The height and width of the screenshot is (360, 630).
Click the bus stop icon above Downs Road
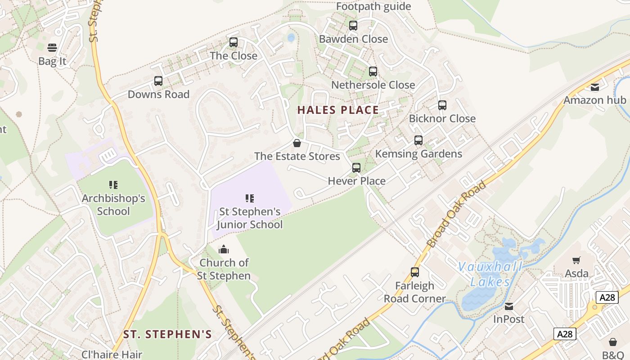point(158,81)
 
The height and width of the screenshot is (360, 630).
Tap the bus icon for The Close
point(234,42)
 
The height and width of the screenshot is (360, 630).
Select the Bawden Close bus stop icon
point(353,26)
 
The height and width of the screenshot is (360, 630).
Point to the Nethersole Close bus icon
point(373,72)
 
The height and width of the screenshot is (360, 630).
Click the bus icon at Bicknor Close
point(442,105)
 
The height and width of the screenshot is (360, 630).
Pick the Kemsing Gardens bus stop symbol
point(418,140)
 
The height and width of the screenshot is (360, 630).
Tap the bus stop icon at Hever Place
point(356,168)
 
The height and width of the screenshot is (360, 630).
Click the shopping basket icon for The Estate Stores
point(297,143)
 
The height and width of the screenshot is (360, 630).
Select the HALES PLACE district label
point(338,110)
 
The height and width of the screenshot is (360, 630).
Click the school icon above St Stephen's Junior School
point(250,198)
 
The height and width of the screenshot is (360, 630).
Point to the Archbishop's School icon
point(113,185)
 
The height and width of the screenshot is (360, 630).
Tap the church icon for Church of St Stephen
point(224,249)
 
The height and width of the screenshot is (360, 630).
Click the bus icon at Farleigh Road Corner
point(415,272)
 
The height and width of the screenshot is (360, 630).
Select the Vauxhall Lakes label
point(490,274)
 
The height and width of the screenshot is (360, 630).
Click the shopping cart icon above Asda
point(576,260)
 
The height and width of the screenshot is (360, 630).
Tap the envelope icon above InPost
point(509,306)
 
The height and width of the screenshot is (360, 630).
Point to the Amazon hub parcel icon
point(595,87)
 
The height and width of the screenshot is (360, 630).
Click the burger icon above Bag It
point(52,48)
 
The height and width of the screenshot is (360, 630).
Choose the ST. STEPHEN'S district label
point(167,334)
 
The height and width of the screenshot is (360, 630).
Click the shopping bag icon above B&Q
point(613,342)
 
